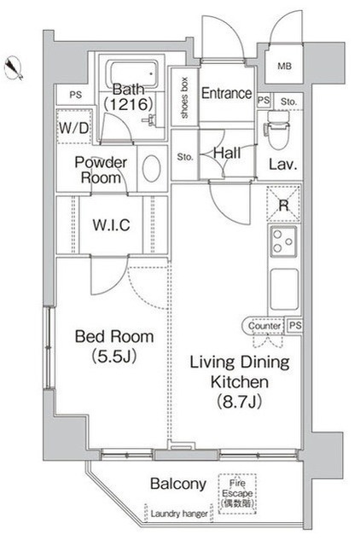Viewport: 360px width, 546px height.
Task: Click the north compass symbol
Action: tap(14, 68)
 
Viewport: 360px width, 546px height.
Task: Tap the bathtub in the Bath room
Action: tap(131, 74)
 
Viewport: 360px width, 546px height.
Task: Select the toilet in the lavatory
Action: tap(278, 130)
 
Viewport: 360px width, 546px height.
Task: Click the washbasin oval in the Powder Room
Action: tap(152, 168)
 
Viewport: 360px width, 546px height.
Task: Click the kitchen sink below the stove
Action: tap(284, 289)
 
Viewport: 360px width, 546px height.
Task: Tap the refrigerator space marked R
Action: tap(283, 204)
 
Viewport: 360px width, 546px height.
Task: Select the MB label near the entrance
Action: tap(284, 66)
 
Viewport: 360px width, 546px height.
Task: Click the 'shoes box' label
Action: tap(184, 97)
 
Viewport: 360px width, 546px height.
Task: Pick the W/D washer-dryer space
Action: tap(74, 127)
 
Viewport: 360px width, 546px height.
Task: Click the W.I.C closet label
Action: tap(112, 225)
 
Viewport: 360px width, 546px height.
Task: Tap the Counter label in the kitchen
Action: tap(264, 326)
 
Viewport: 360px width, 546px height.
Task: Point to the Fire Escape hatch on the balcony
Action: tap(237, 494)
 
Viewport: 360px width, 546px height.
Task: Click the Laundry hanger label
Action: tap(179, 514)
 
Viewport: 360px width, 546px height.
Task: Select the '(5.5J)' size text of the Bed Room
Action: tap(113, 356)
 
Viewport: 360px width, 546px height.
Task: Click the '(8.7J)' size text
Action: tap(240, 402)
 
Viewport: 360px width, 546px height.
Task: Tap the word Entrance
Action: tap(226, 93)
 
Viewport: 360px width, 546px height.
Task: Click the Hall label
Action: tap(227, 153)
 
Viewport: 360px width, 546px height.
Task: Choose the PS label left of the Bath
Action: tap(76, 95)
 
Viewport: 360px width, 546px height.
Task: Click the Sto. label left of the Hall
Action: tap(185, 157)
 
